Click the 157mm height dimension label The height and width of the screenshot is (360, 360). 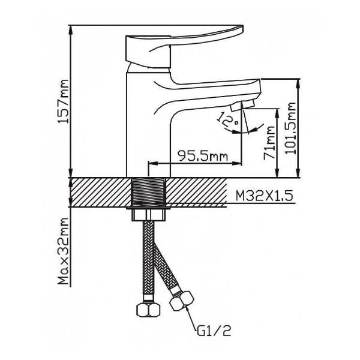coord(63,101)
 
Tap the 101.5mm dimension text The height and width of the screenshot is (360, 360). coord(290,128)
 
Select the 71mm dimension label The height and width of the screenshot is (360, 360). coord(269,142)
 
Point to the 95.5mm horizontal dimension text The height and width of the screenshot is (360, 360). coord(203,156)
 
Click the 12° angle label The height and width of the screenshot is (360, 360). coord(228,120)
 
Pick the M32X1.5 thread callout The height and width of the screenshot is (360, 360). coord(265,196)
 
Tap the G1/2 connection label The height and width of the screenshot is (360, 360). coord(214,331)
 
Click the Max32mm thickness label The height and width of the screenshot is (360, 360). coord(63,251)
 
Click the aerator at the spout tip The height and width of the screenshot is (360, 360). coord(242,106)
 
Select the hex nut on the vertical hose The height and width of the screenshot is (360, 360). coord(148,310)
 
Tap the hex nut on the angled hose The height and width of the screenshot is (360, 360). coord(182,301)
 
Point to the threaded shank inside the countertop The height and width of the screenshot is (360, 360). coord(149,193)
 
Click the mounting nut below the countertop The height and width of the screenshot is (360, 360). coord(149,215)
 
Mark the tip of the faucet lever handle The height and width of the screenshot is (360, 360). coord(242,26)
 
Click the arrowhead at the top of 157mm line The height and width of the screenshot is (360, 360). coord(71,29)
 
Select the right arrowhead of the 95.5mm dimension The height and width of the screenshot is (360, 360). coord(238,163)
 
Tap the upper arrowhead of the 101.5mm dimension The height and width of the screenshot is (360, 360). coord(298,83)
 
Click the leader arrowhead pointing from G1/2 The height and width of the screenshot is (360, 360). coord(188,310)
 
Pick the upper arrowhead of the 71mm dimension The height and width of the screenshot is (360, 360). coord(278,113)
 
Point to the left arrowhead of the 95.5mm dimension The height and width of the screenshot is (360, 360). coord(154,163)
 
